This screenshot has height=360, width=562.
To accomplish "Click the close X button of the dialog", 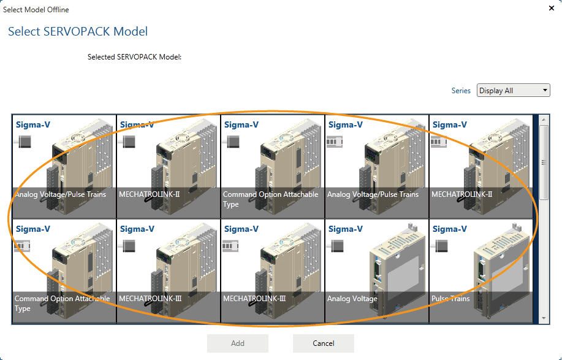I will (550, 9).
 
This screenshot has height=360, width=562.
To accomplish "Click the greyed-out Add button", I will (238, 343).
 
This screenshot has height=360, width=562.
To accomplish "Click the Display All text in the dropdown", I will (496, 91).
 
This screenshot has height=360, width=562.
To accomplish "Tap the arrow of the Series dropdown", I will (545, 91).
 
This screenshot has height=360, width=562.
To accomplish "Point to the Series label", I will (461, 91).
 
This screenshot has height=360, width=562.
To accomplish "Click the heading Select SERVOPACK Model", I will (78, 31).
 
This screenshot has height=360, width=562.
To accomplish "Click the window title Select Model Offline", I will (36, 10).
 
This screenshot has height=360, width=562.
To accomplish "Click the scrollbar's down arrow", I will (544, 318).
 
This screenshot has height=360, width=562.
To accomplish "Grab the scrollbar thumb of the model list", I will (544, 159).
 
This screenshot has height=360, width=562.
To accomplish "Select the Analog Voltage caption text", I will (352, 299).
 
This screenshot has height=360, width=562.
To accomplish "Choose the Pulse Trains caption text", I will (450, 299).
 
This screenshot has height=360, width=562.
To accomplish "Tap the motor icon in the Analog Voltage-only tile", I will (336, 246).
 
